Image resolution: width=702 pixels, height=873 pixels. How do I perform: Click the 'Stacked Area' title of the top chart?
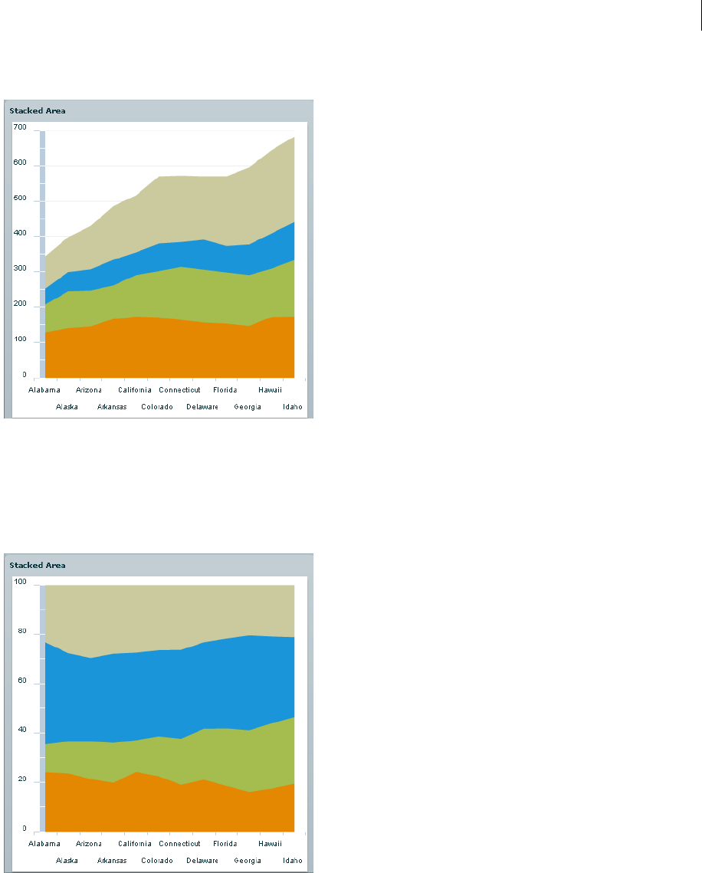coord(38,110)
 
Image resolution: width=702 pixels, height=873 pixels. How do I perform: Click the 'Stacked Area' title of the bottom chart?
coord(38,565)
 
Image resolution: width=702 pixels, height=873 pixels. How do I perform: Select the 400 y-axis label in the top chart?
coord(19,235)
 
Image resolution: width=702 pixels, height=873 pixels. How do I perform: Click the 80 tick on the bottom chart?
coord(21,632)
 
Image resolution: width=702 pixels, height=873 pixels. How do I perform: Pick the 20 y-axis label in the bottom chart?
coord(21,779)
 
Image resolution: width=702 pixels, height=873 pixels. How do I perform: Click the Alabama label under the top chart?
coord(44,389)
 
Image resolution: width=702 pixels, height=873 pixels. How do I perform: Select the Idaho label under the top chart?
coord(292,407)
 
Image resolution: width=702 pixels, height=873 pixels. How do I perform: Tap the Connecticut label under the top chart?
coord(179,389)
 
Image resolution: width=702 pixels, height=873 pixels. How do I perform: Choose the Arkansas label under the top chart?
coord(112,407)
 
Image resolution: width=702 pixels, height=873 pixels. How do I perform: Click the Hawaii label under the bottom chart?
coord(271,844)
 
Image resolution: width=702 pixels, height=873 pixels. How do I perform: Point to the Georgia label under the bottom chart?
coord(247,861)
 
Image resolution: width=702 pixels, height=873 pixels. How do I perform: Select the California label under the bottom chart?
coord(134,844)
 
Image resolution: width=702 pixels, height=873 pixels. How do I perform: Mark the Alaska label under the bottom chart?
coord(67,861)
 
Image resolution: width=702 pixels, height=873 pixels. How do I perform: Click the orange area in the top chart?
coord(169,349)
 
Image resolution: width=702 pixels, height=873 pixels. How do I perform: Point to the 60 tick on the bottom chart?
coord(21,681)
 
